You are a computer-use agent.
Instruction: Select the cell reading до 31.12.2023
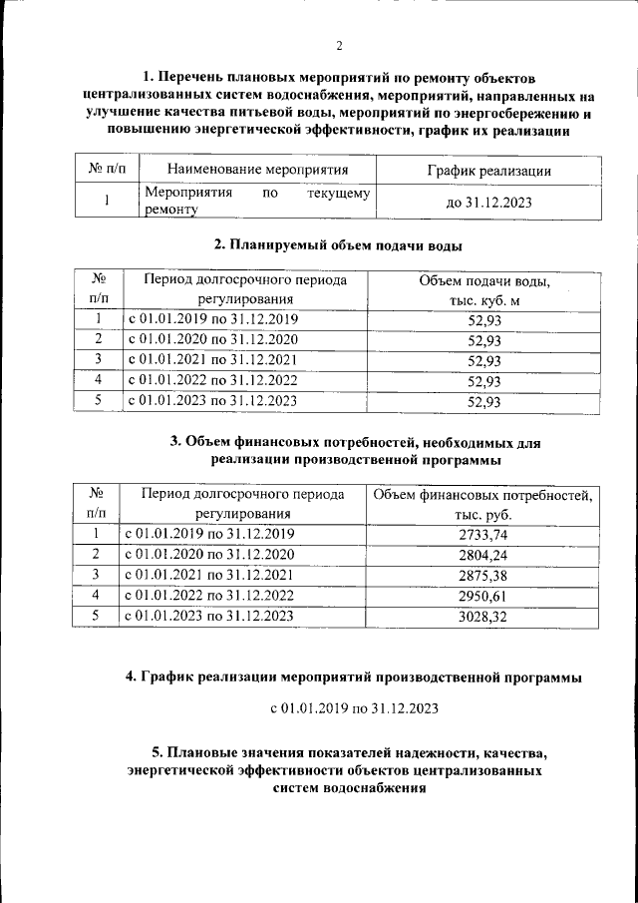click(487, 203)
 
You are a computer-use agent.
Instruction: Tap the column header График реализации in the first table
click(487, 171)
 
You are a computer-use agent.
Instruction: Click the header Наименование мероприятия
click(257, 171)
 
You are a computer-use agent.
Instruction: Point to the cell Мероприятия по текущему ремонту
click(257, 202)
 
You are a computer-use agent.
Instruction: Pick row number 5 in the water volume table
click(99, 402)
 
